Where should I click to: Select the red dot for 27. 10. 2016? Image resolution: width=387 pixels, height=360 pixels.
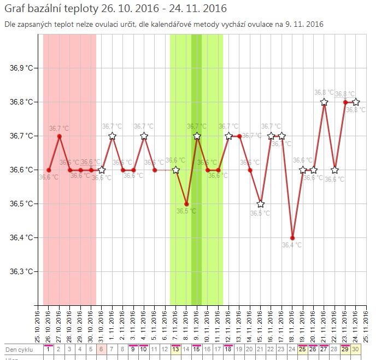coord(59,136)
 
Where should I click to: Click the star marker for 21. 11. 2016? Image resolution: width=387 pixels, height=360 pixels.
coord(324,102)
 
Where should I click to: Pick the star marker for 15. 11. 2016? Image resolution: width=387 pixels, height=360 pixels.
coord(261,204)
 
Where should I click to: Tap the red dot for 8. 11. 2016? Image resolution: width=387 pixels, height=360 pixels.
coord(186,204)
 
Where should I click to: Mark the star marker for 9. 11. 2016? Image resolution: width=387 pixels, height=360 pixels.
coord(197,136)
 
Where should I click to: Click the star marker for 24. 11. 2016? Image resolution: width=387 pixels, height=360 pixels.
coord(356,102)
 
